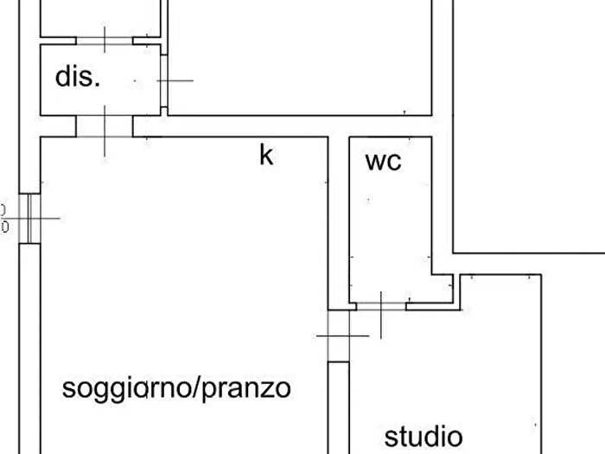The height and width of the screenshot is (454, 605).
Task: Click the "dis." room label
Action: pyautogui.click(x=78, y=78)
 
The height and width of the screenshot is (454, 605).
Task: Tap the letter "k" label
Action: pyautogui.click(x=267, y=156)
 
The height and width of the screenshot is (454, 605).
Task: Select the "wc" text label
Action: pyautogui.click(x=383, y=162)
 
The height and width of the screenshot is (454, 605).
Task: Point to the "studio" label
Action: pyautogui.click(x=423, y=435)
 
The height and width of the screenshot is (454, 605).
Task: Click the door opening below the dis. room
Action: pyautogui.click(x=105, y=126)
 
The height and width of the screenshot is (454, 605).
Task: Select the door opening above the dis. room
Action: pyautogui.click(x=105, y=39)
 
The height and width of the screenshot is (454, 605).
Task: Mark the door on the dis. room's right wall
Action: pyautogui.click(x=164, y=80)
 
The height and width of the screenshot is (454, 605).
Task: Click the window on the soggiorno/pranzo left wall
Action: pyautogui.click(x=29, y=218)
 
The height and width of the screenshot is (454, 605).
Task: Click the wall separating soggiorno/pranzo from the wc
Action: pyautogui.click(x=338, y=225)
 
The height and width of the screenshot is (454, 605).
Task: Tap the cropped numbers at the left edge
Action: pyautogui.click(x=3, y=218)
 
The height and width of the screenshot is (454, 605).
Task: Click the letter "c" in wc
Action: pyautogui.click(x=395, y=163)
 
